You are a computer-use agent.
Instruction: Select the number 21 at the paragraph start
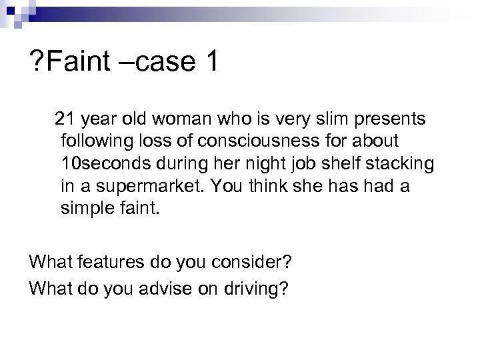65,119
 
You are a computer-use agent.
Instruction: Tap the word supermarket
151,187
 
